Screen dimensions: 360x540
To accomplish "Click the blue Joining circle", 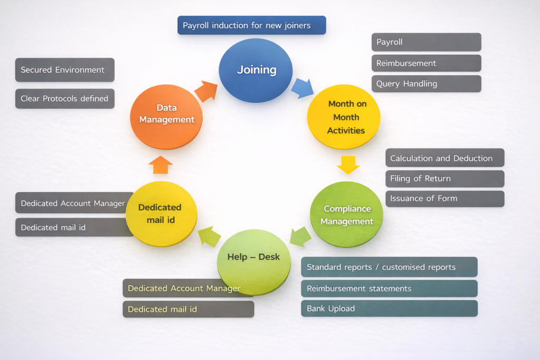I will (256, 70).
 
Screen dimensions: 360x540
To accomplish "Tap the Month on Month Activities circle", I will (344, 116).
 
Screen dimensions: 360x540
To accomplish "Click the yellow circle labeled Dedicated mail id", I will (161, 213).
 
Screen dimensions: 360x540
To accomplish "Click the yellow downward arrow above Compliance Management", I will (348, 164).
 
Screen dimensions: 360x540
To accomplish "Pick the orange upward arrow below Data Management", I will (160, 164).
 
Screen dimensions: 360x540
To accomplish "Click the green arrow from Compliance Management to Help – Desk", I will (301, 236).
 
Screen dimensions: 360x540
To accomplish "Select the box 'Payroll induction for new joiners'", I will (252, 25).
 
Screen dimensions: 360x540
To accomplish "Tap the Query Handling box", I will (426, 84).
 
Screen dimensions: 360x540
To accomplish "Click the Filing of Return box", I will (445, 179).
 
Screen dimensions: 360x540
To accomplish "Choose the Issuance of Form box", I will (445, 199).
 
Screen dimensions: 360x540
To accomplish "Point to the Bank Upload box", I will (389, 308).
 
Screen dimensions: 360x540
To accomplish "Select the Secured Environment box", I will (64, 70).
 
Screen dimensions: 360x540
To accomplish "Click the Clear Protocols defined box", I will (64, 99).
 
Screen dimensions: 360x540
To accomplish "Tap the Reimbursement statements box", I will (389, 288).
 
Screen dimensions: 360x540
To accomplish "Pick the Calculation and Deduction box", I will (445, 158).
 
